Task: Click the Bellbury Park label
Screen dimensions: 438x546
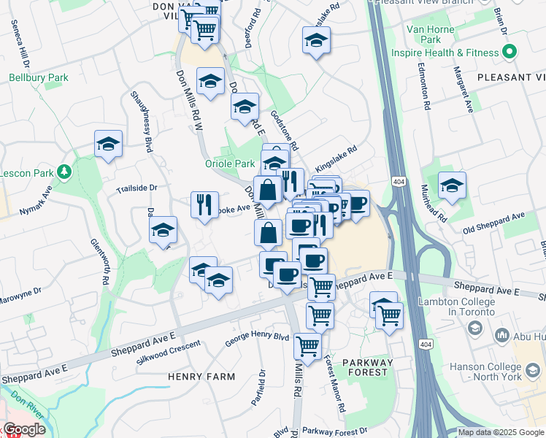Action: click(38, 77)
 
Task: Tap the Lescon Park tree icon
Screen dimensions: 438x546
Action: click(64, 172)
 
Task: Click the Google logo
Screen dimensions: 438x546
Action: click(24, 429)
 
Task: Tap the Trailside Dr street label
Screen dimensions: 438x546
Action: click(137, 188)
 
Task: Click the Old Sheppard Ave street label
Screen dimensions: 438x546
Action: click(495, 223)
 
